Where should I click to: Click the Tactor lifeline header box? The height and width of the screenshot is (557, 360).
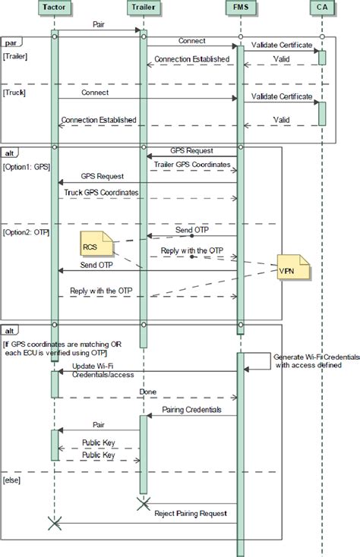tap(55, 8)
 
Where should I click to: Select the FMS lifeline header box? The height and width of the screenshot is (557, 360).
tap(239, 8)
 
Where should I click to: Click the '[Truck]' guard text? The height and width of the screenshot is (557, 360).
tap(15, 92)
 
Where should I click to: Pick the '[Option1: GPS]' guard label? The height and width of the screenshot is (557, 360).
tap(27, 165)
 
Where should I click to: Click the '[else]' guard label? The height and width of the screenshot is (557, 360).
tap(13, 480)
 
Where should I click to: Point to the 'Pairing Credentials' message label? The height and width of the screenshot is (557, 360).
tap(192, 410)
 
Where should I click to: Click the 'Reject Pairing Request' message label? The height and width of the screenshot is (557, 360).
tap(191, 513)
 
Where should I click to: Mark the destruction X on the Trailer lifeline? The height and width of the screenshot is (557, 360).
tap(141, 502)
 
